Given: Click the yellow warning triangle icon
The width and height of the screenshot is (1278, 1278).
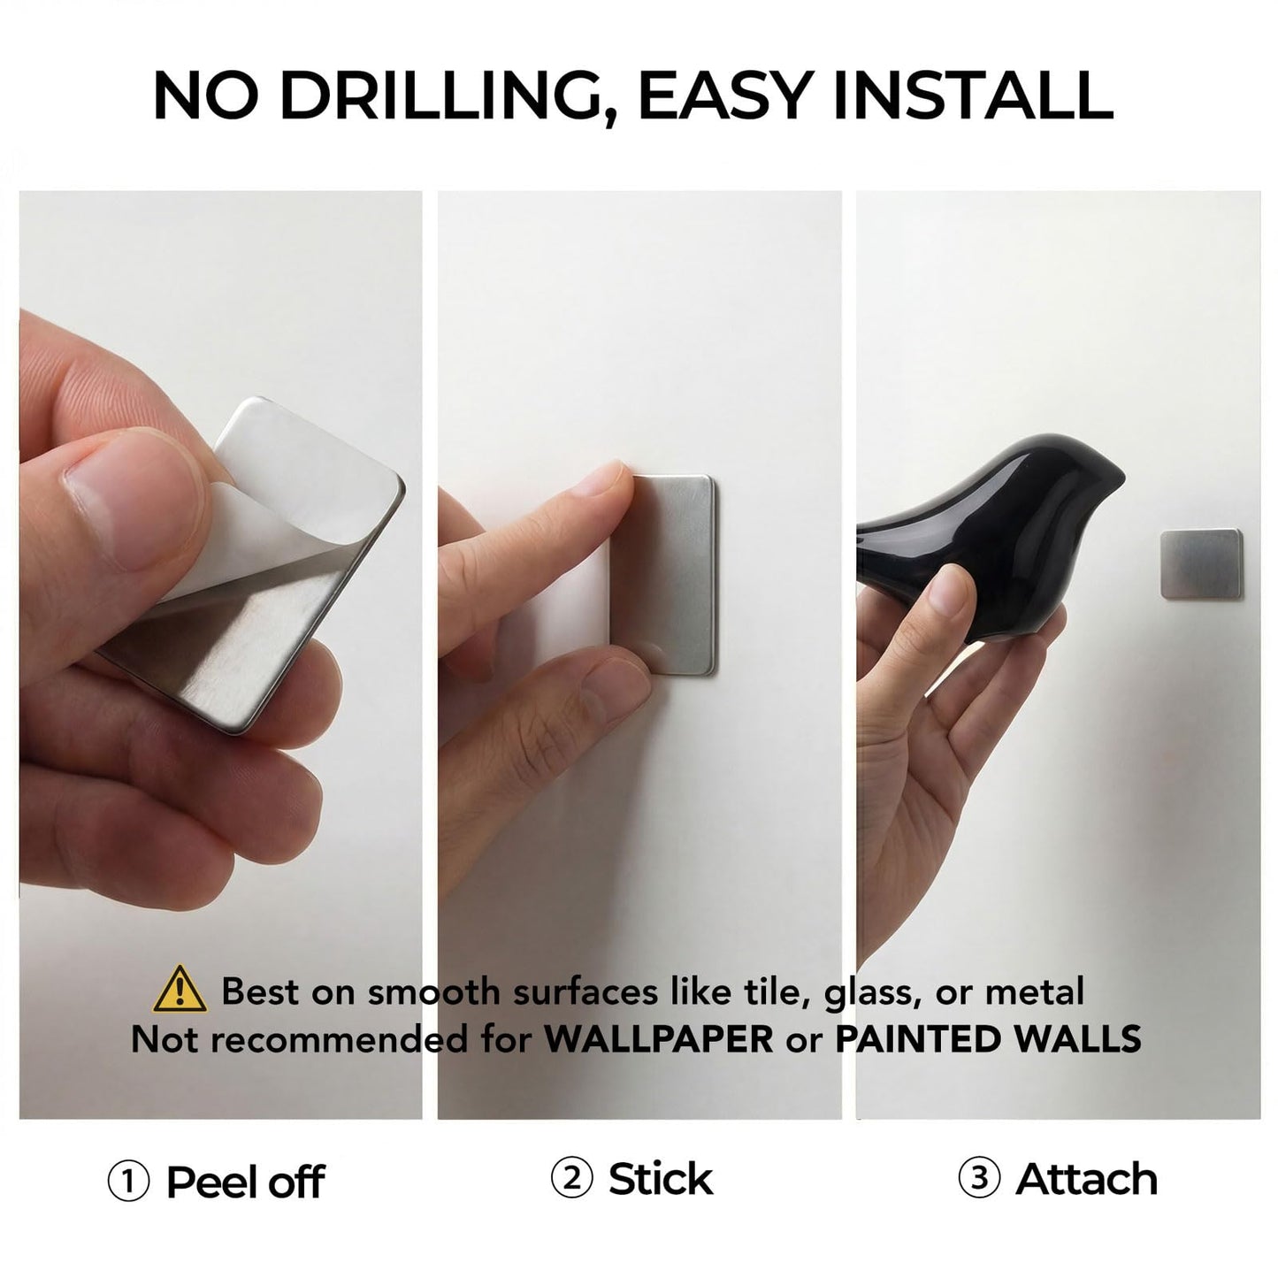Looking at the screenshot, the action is coord(180,990).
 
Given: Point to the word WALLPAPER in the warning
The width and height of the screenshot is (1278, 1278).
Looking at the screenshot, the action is coord(659,1038).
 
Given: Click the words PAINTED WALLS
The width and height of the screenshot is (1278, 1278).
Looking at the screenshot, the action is coord(988,1038).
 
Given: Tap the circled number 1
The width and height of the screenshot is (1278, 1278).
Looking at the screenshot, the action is coord(128,1182).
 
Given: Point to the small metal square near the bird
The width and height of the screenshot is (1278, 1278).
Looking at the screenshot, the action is coord(1200,563).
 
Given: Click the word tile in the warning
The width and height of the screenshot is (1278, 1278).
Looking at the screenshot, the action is coord(778,991).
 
